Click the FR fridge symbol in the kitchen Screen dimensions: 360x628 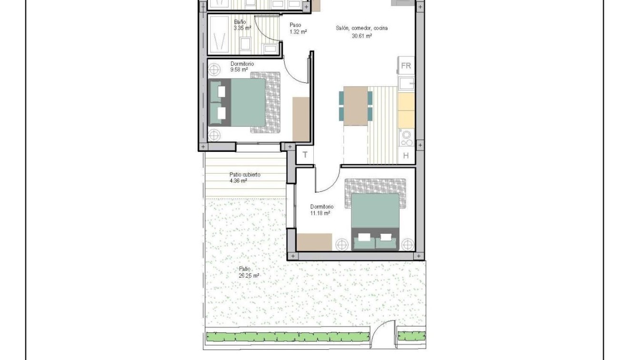coord(406,66)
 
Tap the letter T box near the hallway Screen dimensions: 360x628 coord(305,155)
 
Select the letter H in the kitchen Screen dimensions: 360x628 coord(406,155)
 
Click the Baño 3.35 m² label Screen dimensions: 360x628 coord(242,25)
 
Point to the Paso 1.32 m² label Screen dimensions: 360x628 coord(298,29)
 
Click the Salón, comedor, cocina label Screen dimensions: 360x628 coord(362,31)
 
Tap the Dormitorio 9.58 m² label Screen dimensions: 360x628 coord(242,67)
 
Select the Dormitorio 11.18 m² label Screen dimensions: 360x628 coord(321,210)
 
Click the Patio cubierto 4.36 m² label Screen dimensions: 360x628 coord(244,178)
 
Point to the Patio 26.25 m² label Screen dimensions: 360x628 coord(249,272)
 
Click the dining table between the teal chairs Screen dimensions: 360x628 coord(355,105)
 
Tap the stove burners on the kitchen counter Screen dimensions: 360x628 coord(407,138)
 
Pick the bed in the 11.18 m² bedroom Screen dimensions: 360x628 coord(375,221)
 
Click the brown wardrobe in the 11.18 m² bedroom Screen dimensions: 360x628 coord(314,242)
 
